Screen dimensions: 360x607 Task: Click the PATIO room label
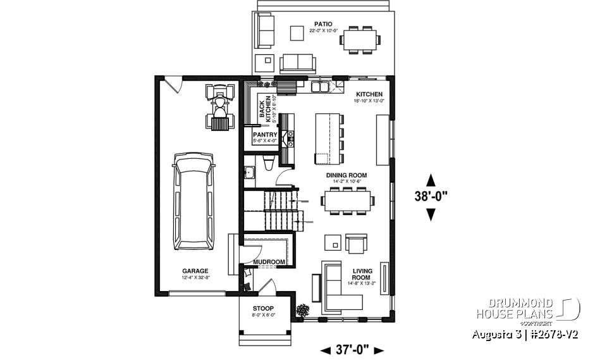(321, 23)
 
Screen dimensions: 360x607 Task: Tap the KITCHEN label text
(370, 94)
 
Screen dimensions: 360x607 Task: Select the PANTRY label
(265, 135)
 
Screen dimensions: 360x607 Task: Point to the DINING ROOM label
(346, 175)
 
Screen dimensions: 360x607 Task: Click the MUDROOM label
(269, 261)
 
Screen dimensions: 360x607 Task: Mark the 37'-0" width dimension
(352, 349)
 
